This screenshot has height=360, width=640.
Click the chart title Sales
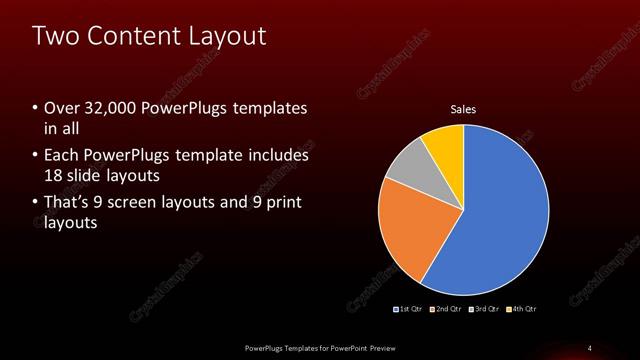tap(463, 109)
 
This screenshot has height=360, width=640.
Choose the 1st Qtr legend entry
tap(411, 308)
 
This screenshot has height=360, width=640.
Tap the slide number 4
tap(590, 347)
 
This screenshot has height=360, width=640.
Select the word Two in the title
tap(55, 37)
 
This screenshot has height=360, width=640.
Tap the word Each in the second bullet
tap(62, 155)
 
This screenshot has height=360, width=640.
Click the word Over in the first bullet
tap(62, 108)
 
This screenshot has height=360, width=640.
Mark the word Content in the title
tap(135, 37)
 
